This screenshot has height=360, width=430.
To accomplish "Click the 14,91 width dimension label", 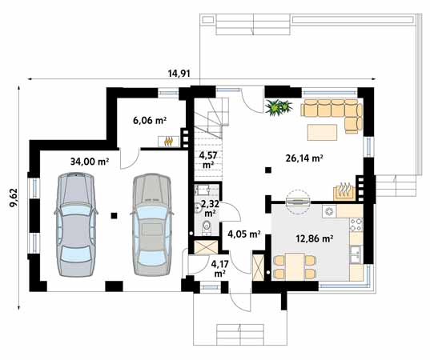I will tap(179, 74).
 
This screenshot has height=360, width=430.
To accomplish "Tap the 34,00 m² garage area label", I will tap(88, 161).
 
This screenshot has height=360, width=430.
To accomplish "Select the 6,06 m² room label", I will tap(149, 121).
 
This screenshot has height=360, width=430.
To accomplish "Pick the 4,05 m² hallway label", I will tap(243, 234).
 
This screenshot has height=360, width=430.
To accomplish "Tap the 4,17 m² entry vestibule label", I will tap(218, 267).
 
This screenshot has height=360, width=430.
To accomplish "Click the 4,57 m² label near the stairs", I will tap(207, 159).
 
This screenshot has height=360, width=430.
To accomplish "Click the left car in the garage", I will tap(76, 221).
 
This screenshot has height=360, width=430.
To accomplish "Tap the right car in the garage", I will tap(150, 221).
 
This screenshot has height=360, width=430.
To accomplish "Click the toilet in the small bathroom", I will tap(205, 228).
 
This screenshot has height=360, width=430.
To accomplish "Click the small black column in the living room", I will tap(267, 170).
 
